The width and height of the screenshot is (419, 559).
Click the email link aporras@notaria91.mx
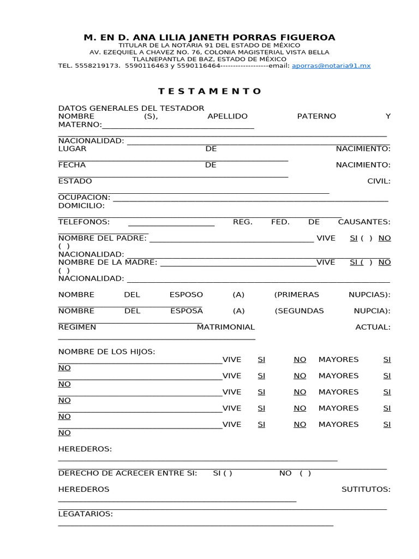331,66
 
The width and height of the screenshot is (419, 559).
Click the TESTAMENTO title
210,91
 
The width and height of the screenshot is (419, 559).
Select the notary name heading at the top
209,37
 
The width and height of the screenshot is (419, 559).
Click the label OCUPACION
84,197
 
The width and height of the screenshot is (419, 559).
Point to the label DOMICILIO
81,205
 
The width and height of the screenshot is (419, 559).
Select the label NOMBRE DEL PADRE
103,238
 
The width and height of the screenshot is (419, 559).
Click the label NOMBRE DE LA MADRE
107,262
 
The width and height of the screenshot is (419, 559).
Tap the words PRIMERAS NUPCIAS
332,294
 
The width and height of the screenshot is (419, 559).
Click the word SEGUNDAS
300,311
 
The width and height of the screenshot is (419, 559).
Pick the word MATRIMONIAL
226,327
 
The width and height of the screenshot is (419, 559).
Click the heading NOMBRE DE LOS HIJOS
106,351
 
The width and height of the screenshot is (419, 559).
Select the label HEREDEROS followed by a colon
85,449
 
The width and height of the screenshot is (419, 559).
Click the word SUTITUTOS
366,489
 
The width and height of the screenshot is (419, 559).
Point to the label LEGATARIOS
85,514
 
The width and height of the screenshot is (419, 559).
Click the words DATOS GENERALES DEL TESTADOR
131,108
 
